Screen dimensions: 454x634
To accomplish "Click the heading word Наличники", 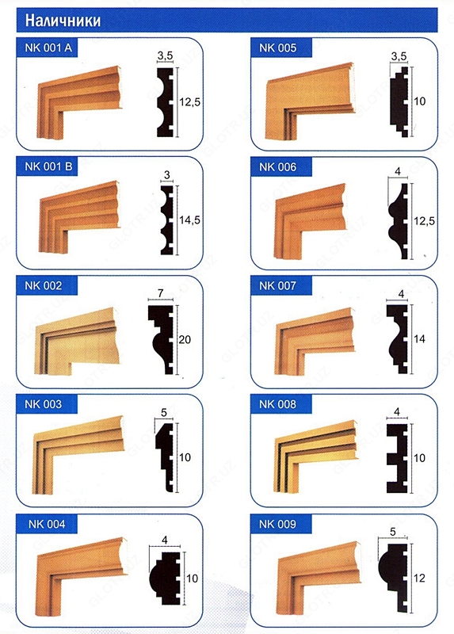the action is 63,21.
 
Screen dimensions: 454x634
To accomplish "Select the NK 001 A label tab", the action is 47,48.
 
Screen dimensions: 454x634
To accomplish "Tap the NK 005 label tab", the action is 281,48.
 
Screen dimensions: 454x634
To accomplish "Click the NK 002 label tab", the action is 47,285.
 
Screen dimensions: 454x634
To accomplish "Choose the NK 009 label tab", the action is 281,524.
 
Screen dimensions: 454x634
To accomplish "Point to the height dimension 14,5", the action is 189,220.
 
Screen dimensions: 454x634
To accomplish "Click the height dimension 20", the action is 185,339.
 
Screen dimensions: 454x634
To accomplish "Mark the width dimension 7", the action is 161,293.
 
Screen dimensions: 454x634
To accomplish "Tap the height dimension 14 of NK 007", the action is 419,338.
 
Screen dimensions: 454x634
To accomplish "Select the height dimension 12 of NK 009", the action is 419,578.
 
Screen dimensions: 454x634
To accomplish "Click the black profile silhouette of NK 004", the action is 165,579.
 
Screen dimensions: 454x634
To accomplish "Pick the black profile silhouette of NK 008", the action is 397,458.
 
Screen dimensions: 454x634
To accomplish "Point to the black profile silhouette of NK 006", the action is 399,221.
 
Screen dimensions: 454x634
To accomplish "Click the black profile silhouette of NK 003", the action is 165,457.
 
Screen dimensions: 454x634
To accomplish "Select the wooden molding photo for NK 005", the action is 310,101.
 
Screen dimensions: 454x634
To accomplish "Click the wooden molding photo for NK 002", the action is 77,341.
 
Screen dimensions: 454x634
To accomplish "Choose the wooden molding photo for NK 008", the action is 316,456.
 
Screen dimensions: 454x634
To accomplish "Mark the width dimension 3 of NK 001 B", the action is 167,175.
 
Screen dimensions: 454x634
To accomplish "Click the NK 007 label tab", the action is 281,285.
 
